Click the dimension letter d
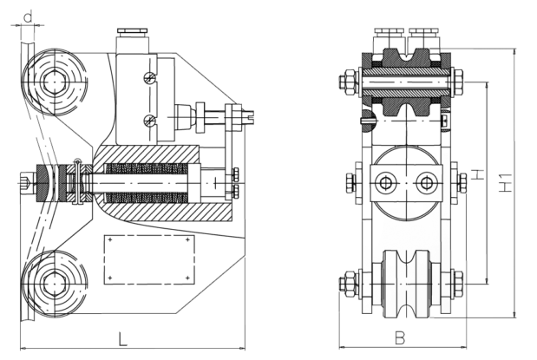tap(29, 16)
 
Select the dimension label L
tap(122, 339)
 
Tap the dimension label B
tap(400, 338)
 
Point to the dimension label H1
tap(505, 182)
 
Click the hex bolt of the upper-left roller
tap(54, 82)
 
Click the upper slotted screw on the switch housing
tap(149, 78)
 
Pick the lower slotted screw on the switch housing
tap(149, 120)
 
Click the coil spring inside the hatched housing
tap(147, 182)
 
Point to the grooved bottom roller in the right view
tap(406, 284)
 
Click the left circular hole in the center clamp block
tap(386, 182)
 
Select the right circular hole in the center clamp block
tap(426, 182)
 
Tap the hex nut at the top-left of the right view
tap(349, 82)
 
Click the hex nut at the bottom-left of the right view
tap(349, 284)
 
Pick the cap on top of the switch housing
tap(133, 31)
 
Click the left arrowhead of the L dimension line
tap(23, 349)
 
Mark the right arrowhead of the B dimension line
tap(463, 347)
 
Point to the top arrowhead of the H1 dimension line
tap(514, 52)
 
